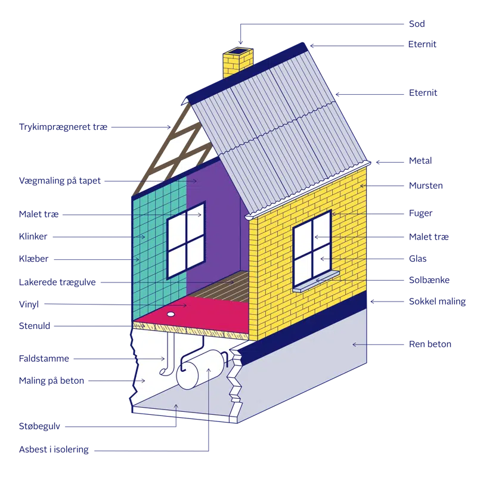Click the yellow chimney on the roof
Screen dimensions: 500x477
[x=237, y=64]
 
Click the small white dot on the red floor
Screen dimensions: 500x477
[x=171, y=313]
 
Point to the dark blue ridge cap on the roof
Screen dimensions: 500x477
[x=250, y=70]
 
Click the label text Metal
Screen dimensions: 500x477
[x=420, y=161]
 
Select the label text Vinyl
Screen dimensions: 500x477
[x=29, y=304]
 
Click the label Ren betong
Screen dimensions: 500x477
[x=429, y=344]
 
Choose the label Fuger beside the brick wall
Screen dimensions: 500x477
[x=420, y=213]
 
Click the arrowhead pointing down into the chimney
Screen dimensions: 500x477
[x=240, y=42]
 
